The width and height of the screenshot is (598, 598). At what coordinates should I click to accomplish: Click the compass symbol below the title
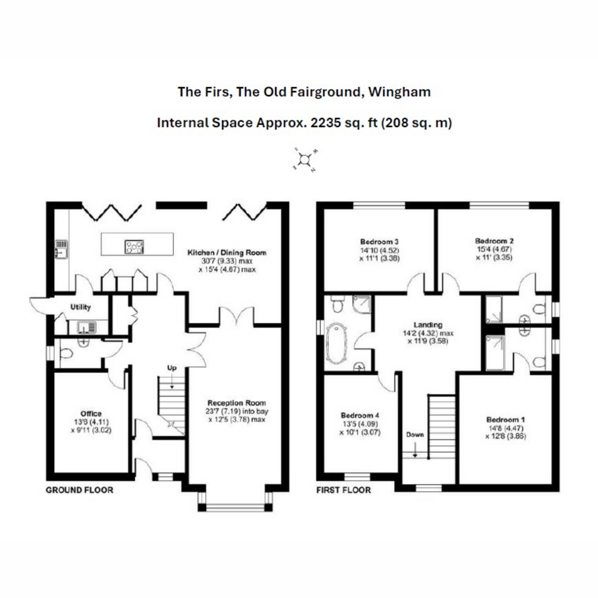coord(304,160)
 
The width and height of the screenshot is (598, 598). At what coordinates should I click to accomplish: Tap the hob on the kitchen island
coord(135,246)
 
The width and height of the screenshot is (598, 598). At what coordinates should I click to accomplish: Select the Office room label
coord(91,413)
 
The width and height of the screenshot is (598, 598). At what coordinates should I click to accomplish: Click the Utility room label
coord(80,307)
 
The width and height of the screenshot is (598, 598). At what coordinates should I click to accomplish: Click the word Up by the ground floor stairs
coord(171,368)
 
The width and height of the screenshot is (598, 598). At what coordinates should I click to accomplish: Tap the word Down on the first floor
coord(415,434)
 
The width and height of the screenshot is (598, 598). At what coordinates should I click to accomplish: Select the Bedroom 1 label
coord(505,420)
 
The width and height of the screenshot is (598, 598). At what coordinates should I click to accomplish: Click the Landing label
coord(428,325)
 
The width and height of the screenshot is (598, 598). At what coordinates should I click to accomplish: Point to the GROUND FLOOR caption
coord(79,490)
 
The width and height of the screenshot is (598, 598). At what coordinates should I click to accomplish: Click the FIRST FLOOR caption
coord(343,490)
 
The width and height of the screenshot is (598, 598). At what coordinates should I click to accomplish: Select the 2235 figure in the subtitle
coord(326,123)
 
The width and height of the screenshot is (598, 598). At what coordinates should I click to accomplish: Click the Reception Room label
coord(237,403)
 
